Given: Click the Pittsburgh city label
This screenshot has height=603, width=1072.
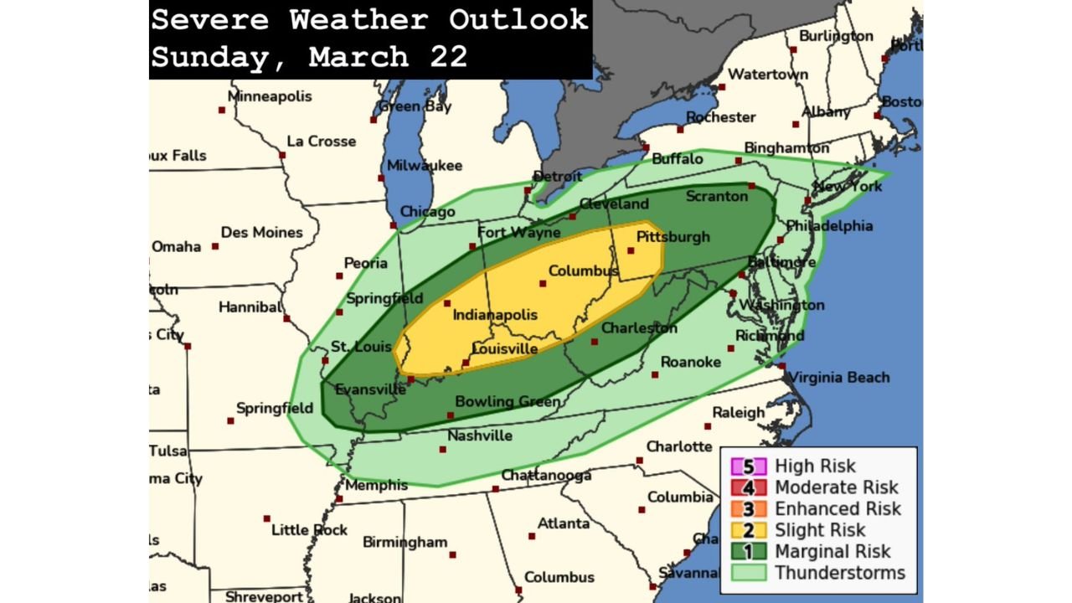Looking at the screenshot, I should coord(673,237).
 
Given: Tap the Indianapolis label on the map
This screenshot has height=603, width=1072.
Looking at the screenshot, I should coord(494,315).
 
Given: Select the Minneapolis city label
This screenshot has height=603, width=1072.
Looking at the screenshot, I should coord(270,96).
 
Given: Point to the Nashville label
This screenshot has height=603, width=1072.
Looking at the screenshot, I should coord(480,435).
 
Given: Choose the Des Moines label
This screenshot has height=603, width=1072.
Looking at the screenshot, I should coord(261,232).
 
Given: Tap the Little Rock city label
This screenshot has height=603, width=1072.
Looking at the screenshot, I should coord(309,530).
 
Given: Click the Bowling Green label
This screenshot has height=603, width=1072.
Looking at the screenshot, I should coord(508,402).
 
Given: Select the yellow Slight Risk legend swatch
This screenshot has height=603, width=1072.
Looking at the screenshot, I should coord(749,530).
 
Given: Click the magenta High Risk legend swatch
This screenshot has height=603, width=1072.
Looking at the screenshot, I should coord(749,466).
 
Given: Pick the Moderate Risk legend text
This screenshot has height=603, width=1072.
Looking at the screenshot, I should coord(836,487).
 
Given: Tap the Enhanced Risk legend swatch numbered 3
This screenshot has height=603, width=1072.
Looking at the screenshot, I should coord(749,509).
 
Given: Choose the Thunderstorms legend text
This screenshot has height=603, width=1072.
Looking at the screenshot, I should coord(839,573).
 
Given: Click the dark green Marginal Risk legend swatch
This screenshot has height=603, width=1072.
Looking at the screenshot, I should coord(749,552).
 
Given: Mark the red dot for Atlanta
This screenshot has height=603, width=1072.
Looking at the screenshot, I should coord(531,536).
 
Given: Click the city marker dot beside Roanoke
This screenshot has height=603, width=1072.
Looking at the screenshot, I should coord(655,374).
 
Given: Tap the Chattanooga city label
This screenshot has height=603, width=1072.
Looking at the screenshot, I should coord(546,476).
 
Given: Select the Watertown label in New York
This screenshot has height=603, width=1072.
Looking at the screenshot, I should coord(768,75).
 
